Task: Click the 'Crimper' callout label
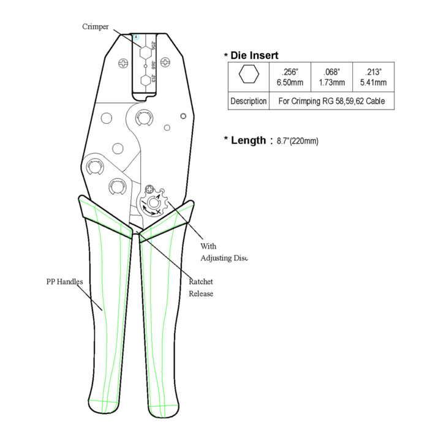point(96,27)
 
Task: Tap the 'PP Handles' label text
point(64,282)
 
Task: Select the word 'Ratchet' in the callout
point(201,282)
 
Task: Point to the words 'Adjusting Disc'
point(224,258)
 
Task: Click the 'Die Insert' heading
point(254,55)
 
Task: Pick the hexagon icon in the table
point(249,74)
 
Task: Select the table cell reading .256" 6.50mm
point(290,77)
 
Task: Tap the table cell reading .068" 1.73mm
point(331,77)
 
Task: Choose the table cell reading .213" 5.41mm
point(373,77)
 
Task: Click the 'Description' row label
point(249,101)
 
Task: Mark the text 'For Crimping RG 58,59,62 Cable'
point(331,101)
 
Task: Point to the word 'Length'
point(248,140)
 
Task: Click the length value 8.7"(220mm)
point(298,141)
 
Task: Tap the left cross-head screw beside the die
point(123,63)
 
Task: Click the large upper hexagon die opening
point(145,52)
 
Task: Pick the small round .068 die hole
point(145,66)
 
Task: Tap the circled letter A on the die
point(137,37)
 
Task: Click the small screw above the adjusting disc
point(149,189)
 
